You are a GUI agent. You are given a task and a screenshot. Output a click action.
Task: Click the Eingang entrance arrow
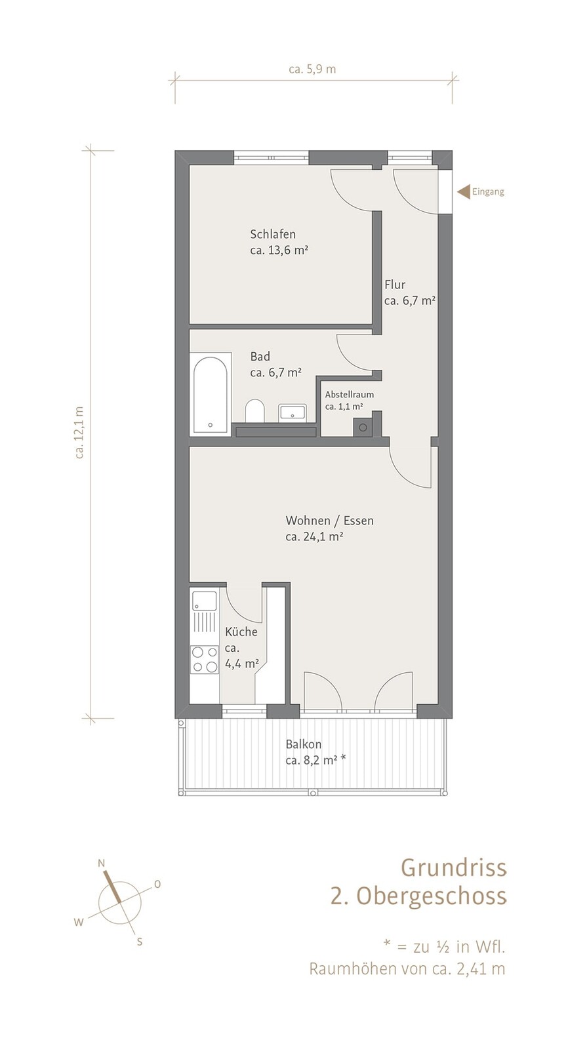pos(463,191)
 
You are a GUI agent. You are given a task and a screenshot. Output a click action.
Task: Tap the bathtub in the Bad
pos(210,394)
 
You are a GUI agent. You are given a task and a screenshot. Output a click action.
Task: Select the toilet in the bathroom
pos(254,410)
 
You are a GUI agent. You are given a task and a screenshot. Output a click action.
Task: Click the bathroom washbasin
pos(292,412)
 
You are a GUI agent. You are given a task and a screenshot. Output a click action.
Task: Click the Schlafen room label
pos(273,234)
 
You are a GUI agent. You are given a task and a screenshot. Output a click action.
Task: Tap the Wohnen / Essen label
pos(329,521)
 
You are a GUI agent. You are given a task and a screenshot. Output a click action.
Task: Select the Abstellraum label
pos(349,395)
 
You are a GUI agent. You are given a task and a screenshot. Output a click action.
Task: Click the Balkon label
pos(303,744)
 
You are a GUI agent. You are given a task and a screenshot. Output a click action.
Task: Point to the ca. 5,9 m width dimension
pos(312,70)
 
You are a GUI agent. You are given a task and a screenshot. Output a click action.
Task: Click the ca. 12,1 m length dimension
pos(79,432)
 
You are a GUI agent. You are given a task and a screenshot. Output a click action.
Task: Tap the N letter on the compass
pos(102,863)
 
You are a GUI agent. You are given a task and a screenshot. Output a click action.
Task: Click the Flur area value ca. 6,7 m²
pos(409,300)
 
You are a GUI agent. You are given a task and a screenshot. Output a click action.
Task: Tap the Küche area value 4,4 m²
pos(241,664)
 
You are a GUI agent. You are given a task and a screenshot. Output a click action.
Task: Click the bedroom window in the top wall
pos(272,157)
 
